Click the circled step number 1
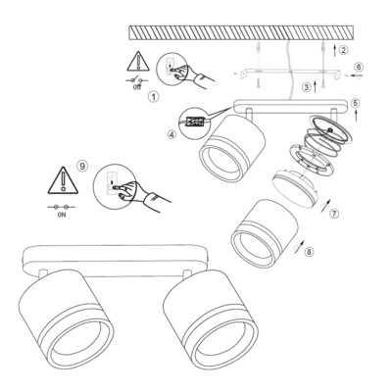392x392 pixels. click(x=153, y=96)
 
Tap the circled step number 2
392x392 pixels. click(x=343, y=50)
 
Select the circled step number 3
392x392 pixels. click(x=307, y=87)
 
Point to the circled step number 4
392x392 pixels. click(x=172, y=134)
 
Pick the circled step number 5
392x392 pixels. click(x=356, y=103)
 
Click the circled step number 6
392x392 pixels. click(x=359, y=67)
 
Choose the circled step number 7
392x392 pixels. click(x=333, y=214)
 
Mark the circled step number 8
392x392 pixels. click(x=310, y=252)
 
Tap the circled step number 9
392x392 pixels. click(x=82, y=166)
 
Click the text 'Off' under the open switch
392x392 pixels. click(x=137, y=87)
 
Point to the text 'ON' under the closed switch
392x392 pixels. click(x=62, y=216)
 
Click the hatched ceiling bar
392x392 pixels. click(x=242, y=32)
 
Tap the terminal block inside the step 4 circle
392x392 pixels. click(x=195, y=122)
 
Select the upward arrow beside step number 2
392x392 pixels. click(x=335, y=51)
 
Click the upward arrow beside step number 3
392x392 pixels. click(x=316, y=87)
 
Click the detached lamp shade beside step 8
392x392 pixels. click(x=264, y=233)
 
